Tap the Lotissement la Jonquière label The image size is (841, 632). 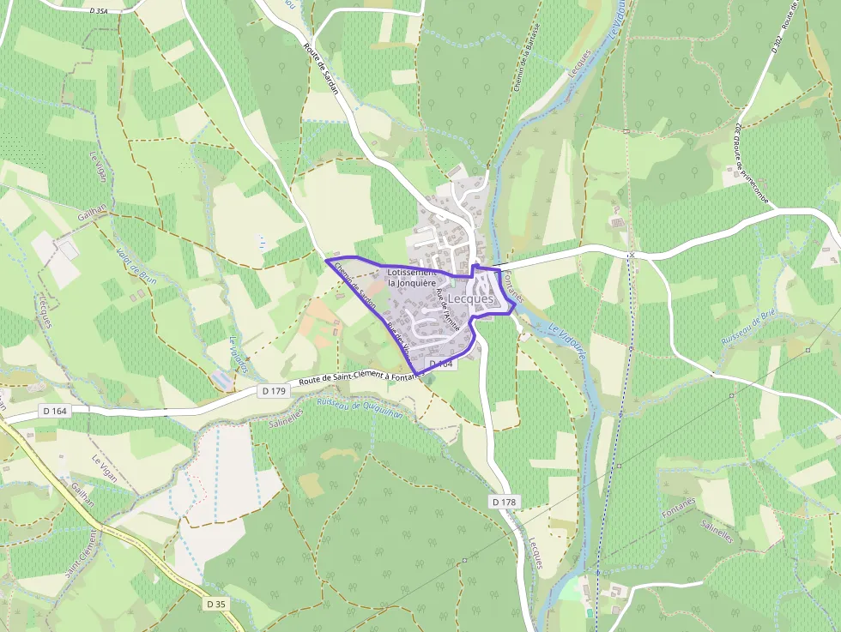click(x=413, y=277)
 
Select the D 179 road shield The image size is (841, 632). click(x=274, y=391)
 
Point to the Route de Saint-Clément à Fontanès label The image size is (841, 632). click(x=361, y=382)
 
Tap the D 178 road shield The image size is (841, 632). click(x=505, y=501)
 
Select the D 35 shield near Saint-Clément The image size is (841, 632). click(x=216, y=604)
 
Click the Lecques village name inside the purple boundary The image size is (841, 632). click(x=470, y=298)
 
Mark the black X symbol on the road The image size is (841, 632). click(x=632, y=256)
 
